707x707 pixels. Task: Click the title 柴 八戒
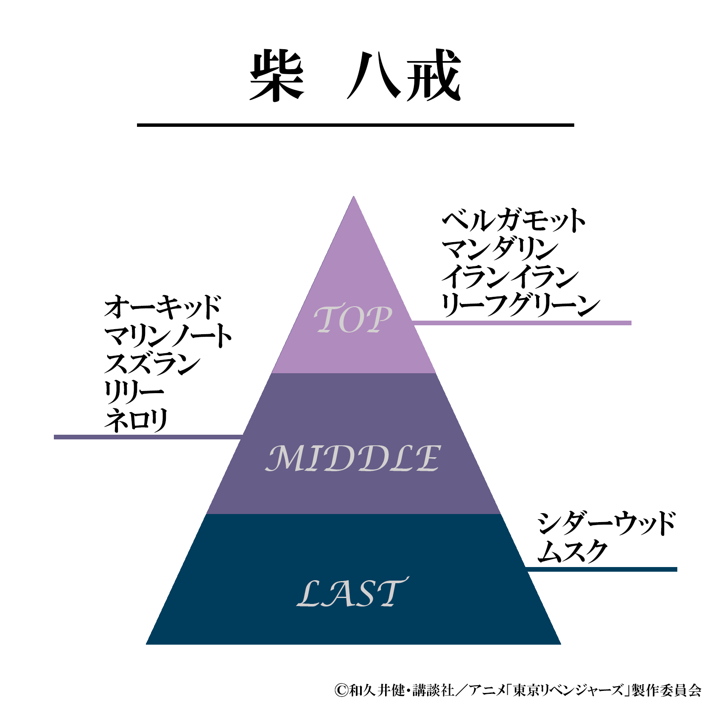click(355, 75)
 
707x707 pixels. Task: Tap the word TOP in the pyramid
click(353, 319)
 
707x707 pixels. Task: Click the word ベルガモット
click(514, 220)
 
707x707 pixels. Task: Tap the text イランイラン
click(510, 277)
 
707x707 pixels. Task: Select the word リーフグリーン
click(521, 305)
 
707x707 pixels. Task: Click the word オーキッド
click(163, 307)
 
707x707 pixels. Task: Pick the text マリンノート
click(168, 335)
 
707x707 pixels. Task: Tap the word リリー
click(134, 392)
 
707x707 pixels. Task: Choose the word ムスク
click(573, 551)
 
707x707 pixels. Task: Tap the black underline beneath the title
click(355, 125)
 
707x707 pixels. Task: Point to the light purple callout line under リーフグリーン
click(522, 323)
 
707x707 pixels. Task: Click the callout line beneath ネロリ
click(148, 437)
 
